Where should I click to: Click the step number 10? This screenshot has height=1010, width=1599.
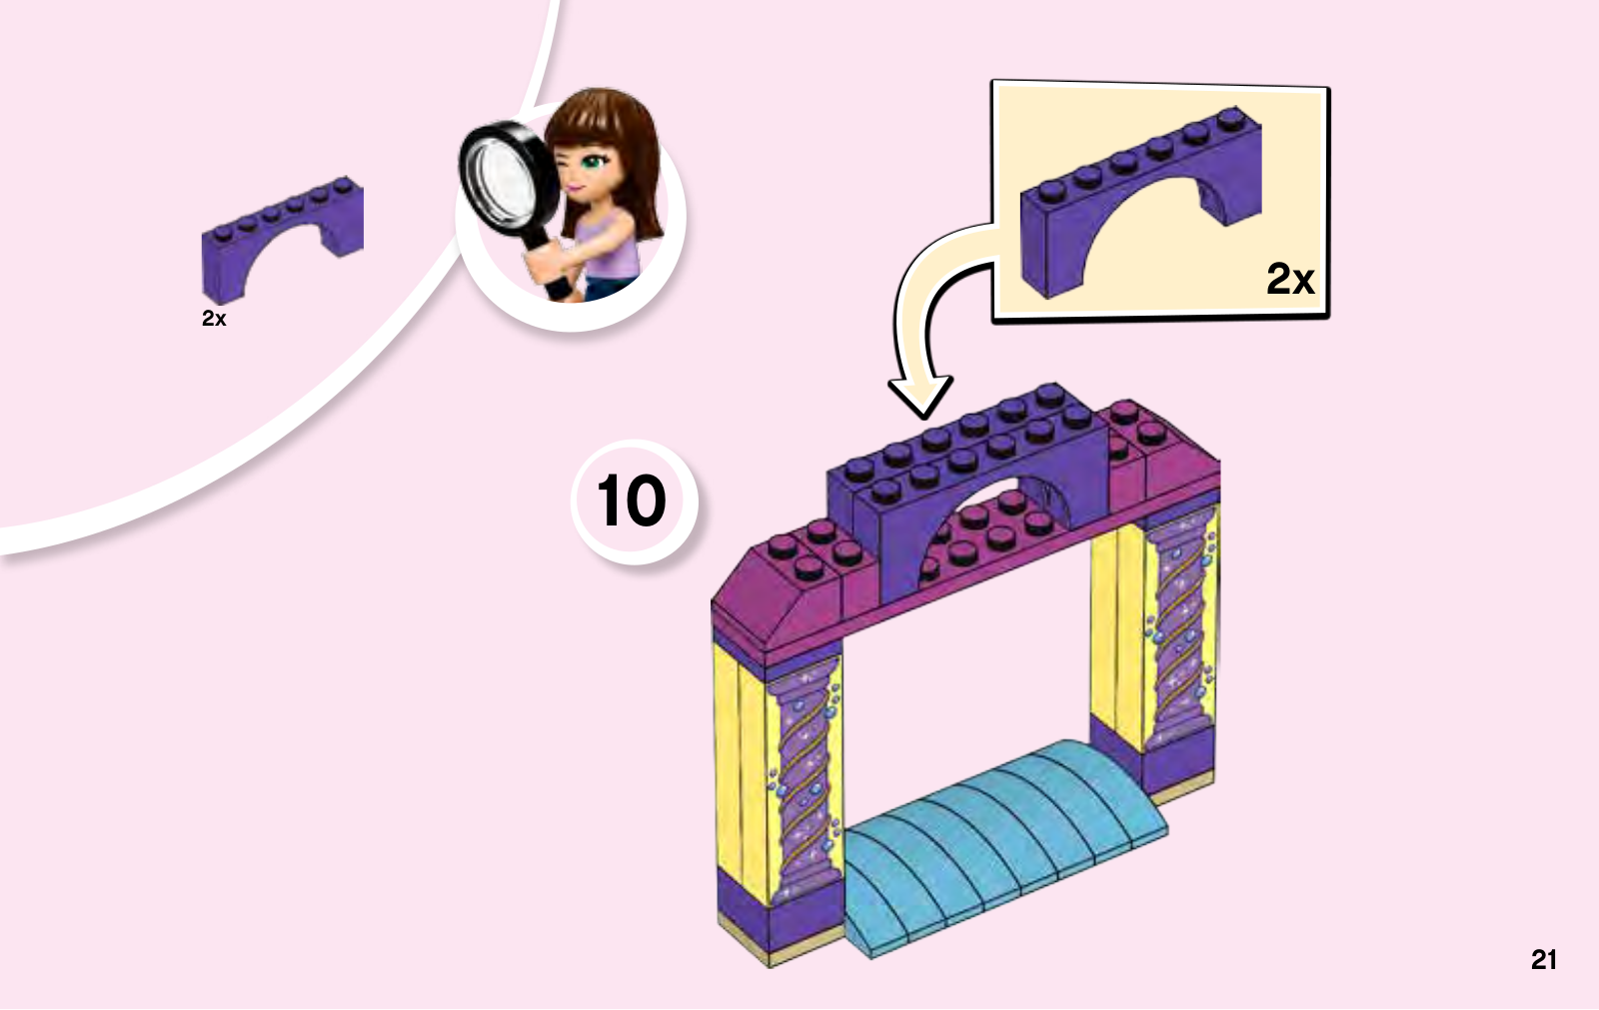(631, 502)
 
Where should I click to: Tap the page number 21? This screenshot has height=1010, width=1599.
(1543, 960)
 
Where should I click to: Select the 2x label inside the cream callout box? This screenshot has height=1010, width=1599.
(1290, 279)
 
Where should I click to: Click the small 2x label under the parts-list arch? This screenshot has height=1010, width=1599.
(214, 319)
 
